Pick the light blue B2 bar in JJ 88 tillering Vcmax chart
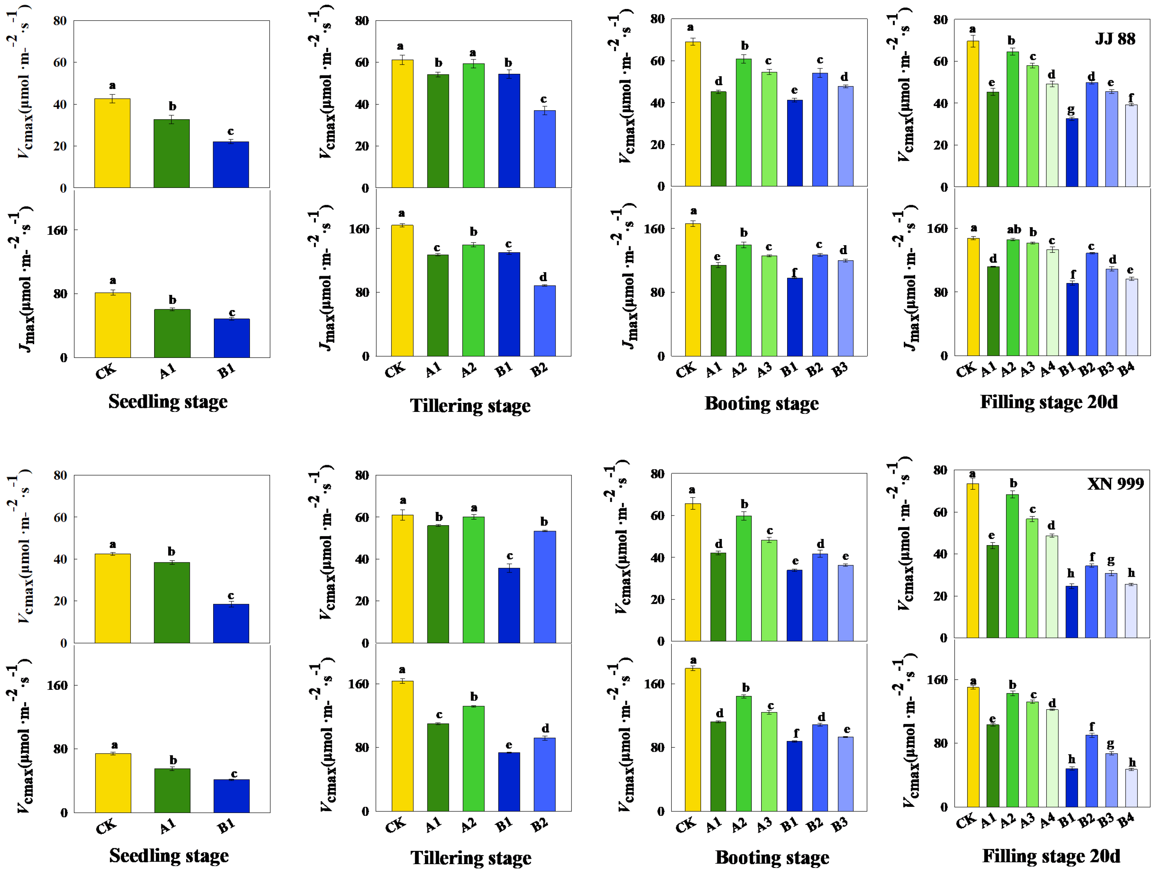coord(544,149)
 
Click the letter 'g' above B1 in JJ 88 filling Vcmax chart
coord(1071,109)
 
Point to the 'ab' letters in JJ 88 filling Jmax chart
coord(1014,229)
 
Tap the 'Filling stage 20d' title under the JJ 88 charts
coord(1048,402)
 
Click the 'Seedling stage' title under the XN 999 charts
coord(169,856)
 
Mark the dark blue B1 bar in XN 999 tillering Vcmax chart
coord(509,605)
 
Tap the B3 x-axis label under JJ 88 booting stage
coord(840,370)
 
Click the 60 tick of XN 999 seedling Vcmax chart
coord(60,517)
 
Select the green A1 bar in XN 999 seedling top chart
coord(172,602)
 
